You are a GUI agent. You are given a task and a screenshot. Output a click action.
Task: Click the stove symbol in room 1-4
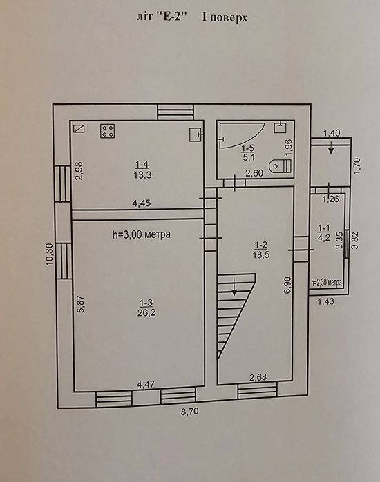(x=107, y=131)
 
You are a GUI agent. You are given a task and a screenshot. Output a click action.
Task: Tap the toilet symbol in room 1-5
(x=280, y=166)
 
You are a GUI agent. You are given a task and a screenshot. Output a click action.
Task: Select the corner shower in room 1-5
(x=241, y=135)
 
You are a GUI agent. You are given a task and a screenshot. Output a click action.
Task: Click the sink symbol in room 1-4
(x=196, y=134)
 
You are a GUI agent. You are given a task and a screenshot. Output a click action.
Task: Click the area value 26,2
(x=146, y=312)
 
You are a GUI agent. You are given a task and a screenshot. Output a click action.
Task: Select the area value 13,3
(x=142, y=175)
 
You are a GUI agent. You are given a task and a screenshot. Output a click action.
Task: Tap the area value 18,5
(x=261, y=254)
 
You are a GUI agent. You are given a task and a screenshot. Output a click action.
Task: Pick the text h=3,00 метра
(x=142, y=234)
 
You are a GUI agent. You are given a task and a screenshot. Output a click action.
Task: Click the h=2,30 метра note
(x=326, y=282)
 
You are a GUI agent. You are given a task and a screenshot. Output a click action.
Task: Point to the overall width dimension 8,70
(x=190, y=411)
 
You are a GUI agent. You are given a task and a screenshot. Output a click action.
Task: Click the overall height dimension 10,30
(x=49, y=254)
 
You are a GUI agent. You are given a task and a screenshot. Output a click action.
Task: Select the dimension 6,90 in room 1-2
(x=288, y=285)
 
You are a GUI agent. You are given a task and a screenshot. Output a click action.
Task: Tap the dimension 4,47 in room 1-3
(x=146, y=384)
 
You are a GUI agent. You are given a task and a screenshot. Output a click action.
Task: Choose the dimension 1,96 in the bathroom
(x=289, y=148)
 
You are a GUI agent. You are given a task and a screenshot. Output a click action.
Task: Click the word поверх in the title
(x=229, y=18)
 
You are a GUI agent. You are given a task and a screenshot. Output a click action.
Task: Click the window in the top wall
(x=175, y=112)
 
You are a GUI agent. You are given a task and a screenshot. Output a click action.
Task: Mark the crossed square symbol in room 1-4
(x=79, y=128)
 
